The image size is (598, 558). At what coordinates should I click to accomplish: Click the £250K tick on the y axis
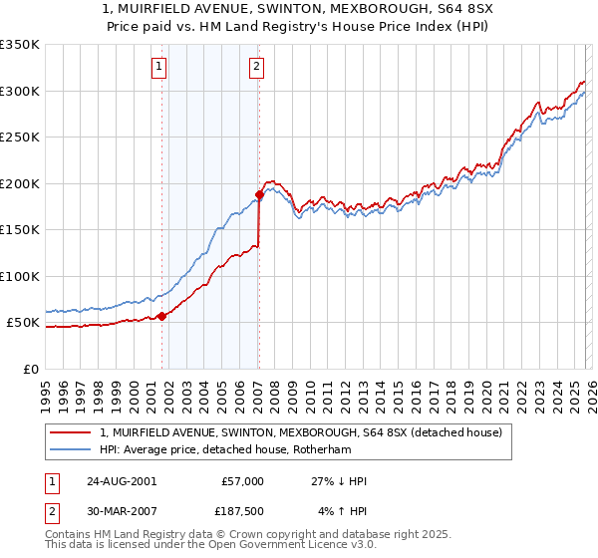tap(20, 138)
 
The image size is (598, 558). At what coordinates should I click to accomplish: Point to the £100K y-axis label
tap(20, 276)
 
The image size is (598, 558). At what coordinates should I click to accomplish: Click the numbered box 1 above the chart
tap(159, 67)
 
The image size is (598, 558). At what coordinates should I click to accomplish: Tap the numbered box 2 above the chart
tap(256, 67)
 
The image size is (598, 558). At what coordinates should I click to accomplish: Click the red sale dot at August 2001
tap(161, 316)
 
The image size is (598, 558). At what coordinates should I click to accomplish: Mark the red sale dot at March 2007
tap(259, 195)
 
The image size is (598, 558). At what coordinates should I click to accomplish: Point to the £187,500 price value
tap(240, 512)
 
